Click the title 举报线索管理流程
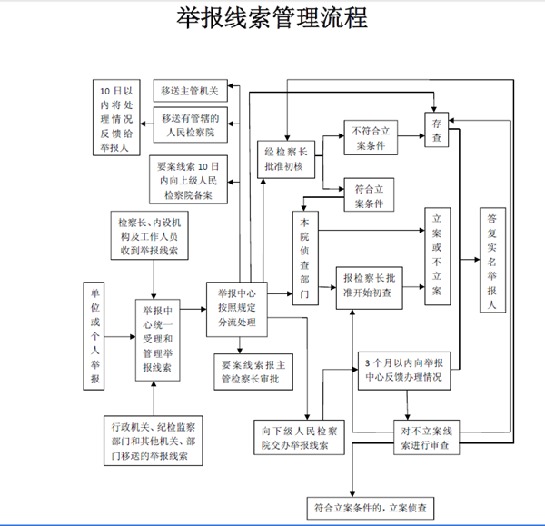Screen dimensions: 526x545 pyautogui.click(x=272, y=20)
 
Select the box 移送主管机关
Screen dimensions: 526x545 pyautogui.click(x=189, y=90)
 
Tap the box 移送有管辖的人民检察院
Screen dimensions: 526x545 pyautogui.click(x=189, y=126)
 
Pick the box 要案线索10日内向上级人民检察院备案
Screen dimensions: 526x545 pyautogui.click(x=189, y=179)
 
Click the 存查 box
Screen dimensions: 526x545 pyautogui.click(x=437, y=130)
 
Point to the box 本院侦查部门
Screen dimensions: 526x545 pyautogui.click(x=304, y=259)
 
